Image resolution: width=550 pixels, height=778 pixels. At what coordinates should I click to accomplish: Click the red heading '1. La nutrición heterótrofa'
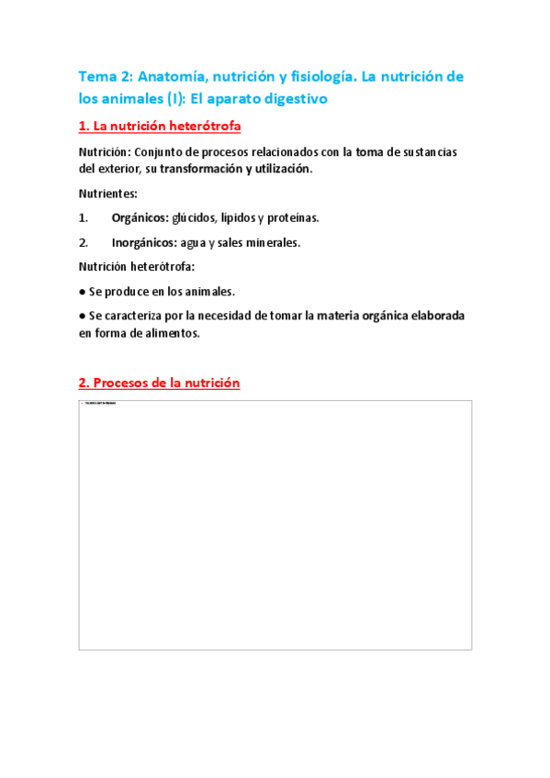(160, 125)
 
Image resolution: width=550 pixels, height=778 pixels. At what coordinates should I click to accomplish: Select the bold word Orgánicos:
(140, 218)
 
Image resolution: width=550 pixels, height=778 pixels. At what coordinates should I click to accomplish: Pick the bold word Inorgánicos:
(145, 242)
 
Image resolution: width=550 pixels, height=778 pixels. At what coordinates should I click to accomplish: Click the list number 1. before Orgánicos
(84, 218)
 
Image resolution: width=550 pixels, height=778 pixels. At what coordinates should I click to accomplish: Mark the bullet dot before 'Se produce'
(83, 292)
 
